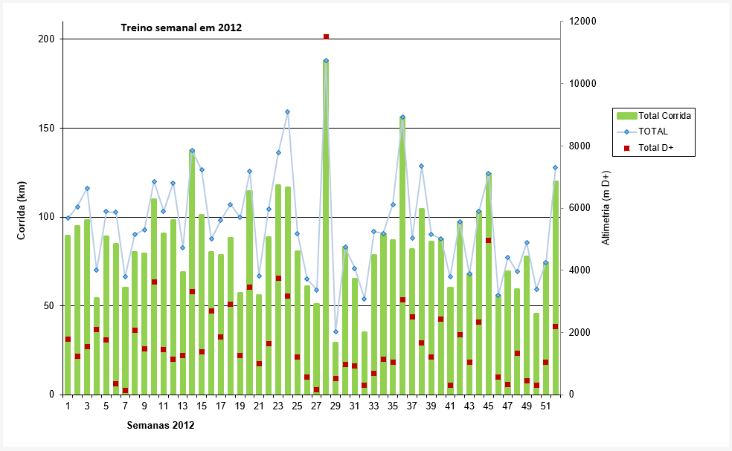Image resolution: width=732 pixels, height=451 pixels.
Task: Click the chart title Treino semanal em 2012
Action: pos(182,27)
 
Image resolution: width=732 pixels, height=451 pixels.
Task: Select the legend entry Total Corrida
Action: pos(664,116)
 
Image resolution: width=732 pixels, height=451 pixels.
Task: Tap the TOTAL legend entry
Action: pos(654,132)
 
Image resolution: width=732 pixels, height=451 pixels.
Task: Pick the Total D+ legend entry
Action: pos(655,148)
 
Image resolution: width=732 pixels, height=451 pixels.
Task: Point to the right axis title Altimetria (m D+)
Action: pos(605,208)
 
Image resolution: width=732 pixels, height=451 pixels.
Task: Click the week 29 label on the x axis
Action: pos(335,406)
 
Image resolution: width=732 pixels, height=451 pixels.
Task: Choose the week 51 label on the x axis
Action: pos(545,406)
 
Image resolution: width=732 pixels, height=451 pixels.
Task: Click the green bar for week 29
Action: pos(335,369)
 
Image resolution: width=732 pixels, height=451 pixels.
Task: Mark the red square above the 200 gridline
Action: pos(326,36)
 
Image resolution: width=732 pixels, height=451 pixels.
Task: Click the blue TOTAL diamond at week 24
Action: pos(287,111)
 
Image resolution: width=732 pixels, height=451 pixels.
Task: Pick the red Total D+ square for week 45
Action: pos(488,240)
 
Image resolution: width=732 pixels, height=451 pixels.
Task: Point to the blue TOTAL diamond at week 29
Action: pos(335,331)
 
